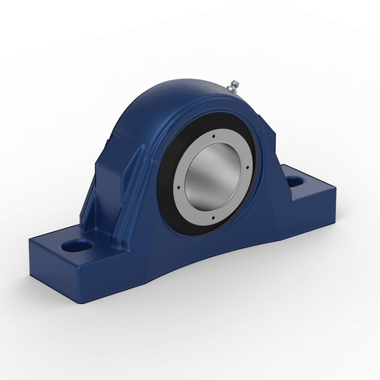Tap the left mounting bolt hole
coord(77,245)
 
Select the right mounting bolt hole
coord(296,182)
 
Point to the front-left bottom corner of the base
coord(30,264)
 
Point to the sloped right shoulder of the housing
coord(266,138)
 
